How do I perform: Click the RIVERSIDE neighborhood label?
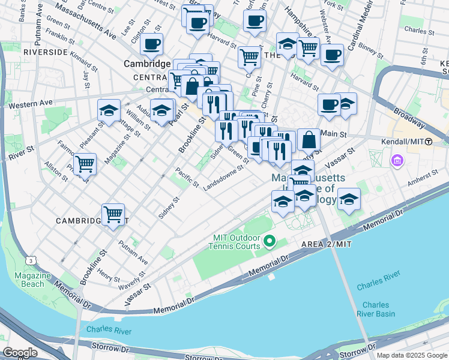(x=45, y=53)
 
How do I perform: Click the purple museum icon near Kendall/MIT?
(x=397, y=160)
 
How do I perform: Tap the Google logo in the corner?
(x=20, y=353)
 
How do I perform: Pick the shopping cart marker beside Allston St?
(x=85, y=163)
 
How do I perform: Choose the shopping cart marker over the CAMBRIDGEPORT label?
(x=113, y=214)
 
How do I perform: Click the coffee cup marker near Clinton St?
(x=151, y=44)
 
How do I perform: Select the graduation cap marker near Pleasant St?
(x=109, y=110)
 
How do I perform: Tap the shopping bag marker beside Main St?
(x=308, y=140)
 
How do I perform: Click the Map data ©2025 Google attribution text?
(x=411, y=355)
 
